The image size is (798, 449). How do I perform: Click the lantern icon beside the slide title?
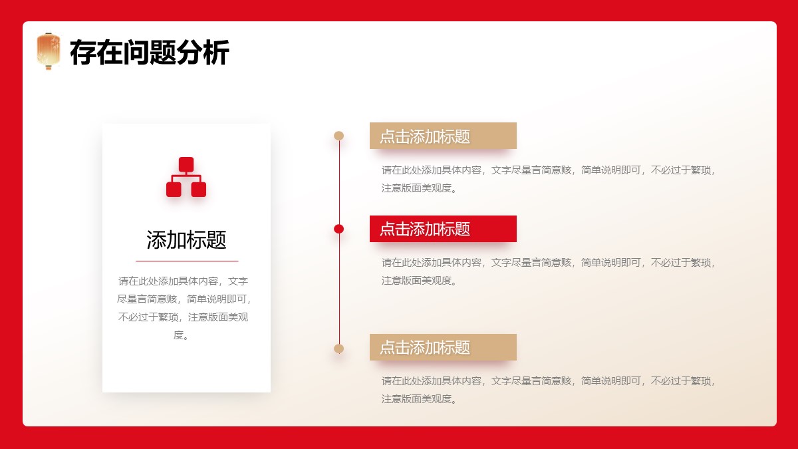49,51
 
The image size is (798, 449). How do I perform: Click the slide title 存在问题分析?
150,53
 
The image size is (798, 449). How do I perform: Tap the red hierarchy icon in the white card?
186,177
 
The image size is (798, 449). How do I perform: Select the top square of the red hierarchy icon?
186,164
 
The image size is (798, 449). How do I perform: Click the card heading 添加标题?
186,239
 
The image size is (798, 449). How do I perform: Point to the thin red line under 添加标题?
187,261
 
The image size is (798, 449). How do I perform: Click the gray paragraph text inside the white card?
184,308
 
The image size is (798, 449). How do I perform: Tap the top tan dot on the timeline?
338,136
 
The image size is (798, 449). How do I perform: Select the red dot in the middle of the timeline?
338,229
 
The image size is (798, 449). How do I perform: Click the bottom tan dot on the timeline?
338,349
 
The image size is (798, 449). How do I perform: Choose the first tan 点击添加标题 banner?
443,136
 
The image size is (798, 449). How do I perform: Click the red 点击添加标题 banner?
443,229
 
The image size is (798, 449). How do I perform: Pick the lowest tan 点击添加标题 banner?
443,347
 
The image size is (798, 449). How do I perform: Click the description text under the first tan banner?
548,179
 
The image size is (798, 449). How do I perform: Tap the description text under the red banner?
548,271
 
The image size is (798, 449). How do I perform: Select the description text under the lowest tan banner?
548,390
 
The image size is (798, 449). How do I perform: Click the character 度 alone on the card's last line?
178,335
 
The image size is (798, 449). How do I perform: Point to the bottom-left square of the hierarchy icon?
174,190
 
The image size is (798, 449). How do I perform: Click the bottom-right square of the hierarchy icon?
199,190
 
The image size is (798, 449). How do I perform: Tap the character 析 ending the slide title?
217,53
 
